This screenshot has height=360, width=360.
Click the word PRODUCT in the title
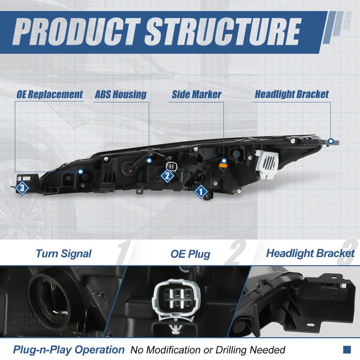pyautogui.click(x=76, y=31)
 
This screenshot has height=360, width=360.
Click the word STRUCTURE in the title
pyautogui.click(x=223, y=31)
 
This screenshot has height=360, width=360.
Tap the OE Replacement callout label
pyautogui.click(x=50, y=95)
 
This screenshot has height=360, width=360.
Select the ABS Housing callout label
pyautogui.click(x=121, y=94)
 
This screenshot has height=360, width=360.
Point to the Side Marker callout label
pyautogui.click(x=196, y=94)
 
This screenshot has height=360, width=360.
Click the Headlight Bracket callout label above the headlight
pyautogui.click(x=292, y=94)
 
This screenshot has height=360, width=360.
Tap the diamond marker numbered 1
pyautogui.click(x=201, y=192)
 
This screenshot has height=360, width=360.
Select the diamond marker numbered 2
pyautogui.click(x=167, y=176)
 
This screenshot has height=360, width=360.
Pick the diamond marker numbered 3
pyautogui.click(x=22, y=188)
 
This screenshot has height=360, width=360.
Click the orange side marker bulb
pyautogui.click(x=223, y=166)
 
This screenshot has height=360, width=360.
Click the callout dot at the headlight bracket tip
pyautogui.click(x=331, y=141)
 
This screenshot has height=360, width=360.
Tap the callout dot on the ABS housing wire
pyautogui.click(x=149, y=160)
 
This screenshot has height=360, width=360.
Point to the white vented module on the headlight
pyautogui.click(x=267, y=164)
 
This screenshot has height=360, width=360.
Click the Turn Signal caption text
pyautogui.click(x=64, y=254)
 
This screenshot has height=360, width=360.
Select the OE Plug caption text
pyautogui.click(x=191, y=254)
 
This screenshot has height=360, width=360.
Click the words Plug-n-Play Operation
pyautogui.click(x=69, y=350)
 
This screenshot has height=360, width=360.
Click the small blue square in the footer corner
pyautogui.click(x=347, y=349)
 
